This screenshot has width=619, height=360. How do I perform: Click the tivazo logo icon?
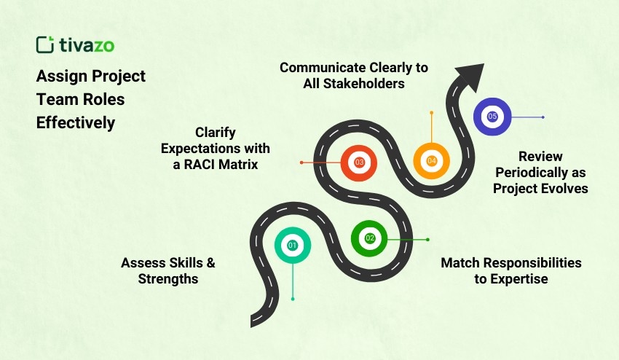click(x=44, y=44)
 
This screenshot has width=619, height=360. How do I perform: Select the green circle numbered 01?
click(x=292, y=246)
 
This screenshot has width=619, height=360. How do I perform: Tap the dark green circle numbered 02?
click(x=369, y=238)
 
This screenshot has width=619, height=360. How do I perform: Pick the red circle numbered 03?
click(x=359, y=162)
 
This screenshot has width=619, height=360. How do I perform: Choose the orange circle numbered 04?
click(x=431, y=161)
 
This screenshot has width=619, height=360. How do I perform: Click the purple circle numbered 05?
click(x=492, y=117)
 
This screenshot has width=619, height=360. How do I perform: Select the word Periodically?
click(x=540, y=172)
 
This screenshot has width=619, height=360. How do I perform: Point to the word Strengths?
click(x=167, y=279)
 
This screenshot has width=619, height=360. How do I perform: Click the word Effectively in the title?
click(x=76, y=122)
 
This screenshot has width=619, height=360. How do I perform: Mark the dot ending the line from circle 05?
click(x=543, y=117)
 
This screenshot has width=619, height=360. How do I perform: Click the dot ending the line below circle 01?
click(x=292, y=299)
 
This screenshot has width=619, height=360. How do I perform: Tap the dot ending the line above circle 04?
click(x=431, y=112)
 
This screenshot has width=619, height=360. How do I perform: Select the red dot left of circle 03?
click(x=301, y=162)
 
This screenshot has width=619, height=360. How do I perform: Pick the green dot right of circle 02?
click(x=427, y=239)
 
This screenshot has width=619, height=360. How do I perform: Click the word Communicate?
click(x=321, y=67)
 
